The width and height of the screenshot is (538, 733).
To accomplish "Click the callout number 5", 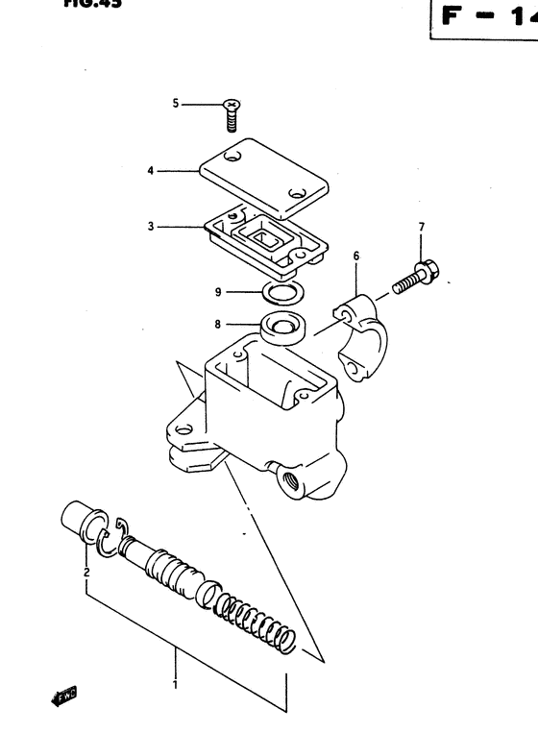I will point(176,103).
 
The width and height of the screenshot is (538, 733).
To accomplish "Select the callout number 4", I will point(151,172).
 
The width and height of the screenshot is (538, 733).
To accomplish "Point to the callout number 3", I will point(151,228).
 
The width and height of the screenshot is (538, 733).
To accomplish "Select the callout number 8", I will point(219,325).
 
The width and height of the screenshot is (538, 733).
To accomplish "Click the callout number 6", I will point(355,257).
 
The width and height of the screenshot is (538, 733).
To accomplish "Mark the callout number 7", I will point(420,227).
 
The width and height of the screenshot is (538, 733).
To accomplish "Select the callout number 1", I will point(175,686).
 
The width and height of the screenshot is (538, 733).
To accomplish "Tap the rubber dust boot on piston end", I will point(79,519).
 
